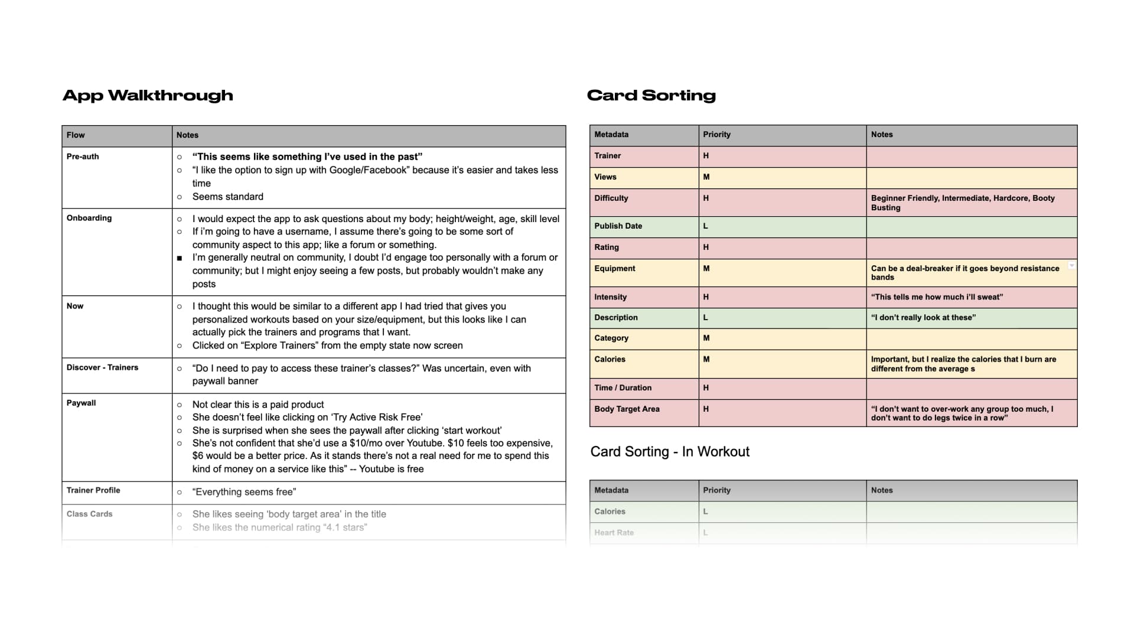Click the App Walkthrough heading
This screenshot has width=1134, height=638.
(x=148, y=95)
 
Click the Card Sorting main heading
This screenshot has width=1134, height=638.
(x=651, y=95)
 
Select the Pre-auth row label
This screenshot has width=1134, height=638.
(x=83, y=157)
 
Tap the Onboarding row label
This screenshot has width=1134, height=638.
(x=89, y=218)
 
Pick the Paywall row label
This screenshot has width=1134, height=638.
(x=81, y=403)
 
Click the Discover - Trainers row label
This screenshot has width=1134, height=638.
(x=102, y=367)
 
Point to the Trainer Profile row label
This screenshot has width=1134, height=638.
(x=93, y=490)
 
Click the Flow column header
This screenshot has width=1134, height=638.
(x=76, y=135)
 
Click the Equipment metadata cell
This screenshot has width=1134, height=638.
(x=615, y=268)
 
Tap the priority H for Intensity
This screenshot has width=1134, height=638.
(x=706, y=297)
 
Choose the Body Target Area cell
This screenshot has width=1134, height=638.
(x=627, y=409)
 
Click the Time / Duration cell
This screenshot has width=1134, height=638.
(x=623, y=388)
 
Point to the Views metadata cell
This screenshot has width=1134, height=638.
(x=605, y=177)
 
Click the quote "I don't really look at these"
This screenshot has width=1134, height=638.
(x=923, y=317)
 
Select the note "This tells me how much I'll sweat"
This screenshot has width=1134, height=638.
(x=937, y=297)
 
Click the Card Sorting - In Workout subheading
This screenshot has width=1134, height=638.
(x=670, y=452)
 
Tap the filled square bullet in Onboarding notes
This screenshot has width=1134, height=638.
(x=180, y=258)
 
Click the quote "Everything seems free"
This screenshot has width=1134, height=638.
(x=244, y=492)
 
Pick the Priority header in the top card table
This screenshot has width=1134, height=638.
(x=716, y=135)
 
